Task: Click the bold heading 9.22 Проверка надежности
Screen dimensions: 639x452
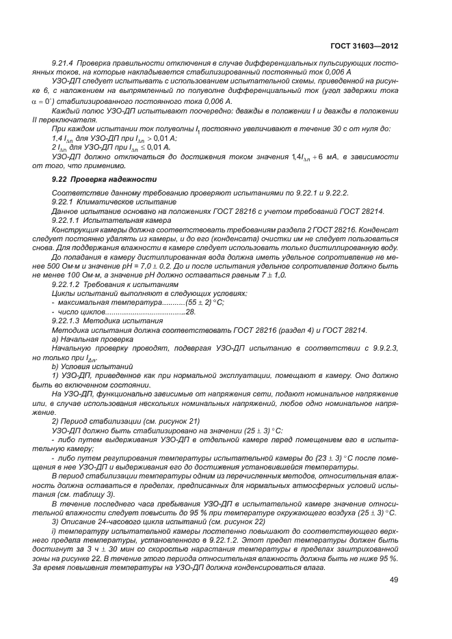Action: pyautogui.click(x=94, y=180)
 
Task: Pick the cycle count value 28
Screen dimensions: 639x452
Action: pyautogui.click(x=190, y=311)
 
